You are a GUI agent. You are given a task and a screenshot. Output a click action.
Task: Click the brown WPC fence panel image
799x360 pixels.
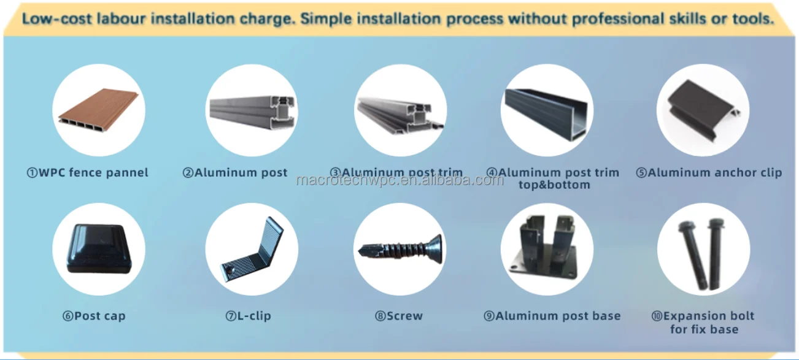pos(99,112)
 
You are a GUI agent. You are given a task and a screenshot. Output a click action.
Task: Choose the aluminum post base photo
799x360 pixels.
pos(547,248)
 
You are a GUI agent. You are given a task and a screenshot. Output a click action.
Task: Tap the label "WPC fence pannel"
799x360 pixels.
pos(93,173)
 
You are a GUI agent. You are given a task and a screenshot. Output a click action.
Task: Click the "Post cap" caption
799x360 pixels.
pos(99,316)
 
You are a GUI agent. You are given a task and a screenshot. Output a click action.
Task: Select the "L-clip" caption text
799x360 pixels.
pos(253,316)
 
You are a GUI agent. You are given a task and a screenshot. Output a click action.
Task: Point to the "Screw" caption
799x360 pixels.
pos(404,316)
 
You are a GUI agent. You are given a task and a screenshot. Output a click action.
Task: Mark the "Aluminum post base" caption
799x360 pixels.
pos(558,316)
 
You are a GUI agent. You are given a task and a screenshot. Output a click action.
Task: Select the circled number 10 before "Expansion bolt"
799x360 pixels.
pos(657,316)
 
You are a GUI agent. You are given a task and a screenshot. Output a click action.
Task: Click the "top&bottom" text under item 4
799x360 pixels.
pos(554,185)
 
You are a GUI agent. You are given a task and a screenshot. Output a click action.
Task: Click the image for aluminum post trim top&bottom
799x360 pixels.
pos(547,110)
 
